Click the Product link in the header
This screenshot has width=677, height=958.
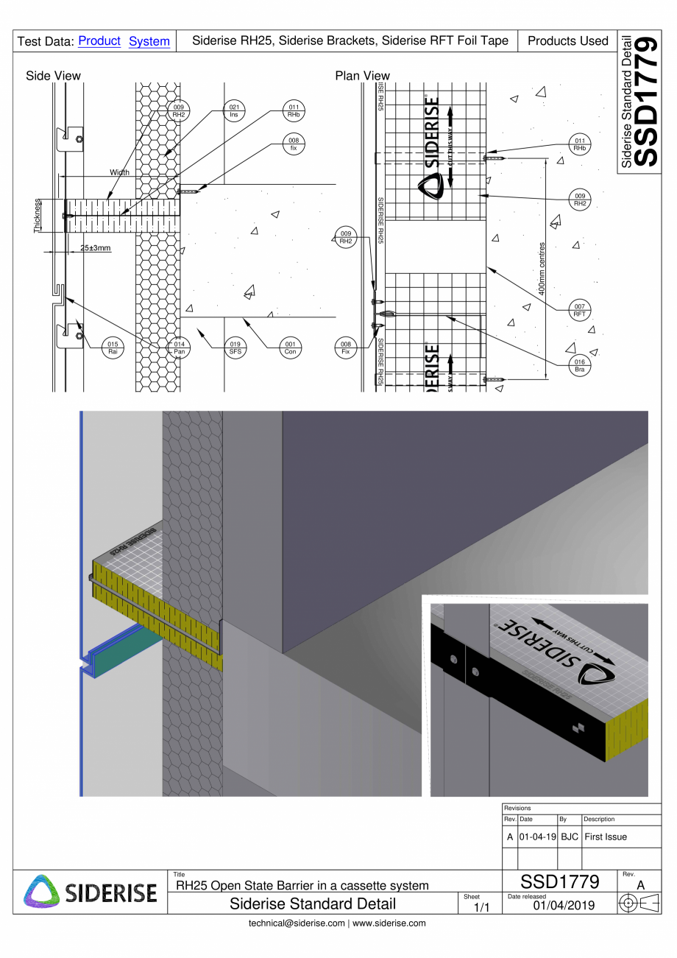(x=99, y=41)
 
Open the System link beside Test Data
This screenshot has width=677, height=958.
(x=149, y=41)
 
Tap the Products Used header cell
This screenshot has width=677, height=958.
(x=567, y=41)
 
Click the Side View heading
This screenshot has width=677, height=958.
(x=53, y=76)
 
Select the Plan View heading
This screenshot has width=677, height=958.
(x=362, y=76)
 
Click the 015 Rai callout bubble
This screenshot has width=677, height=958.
(x=112, y=347)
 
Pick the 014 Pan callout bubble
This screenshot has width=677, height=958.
(x=179, y=347)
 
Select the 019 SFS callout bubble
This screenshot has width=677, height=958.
(x=233, y=347)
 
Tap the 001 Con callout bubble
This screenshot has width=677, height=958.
(x=290, y=347)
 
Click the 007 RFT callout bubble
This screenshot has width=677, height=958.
(x=580, y=310)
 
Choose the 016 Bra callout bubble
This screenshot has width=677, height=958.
(x=580, y=366)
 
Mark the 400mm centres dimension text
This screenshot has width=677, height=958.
(x=542, y=269)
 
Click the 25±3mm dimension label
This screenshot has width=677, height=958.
(x=96, y=248)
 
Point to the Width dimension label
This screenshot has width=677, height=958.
(x=119, y=172)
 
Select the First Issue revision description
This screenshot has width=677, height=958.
(x=606, y=837)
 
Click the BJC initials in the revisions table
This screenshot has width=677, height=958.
(x=570, y=837)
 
